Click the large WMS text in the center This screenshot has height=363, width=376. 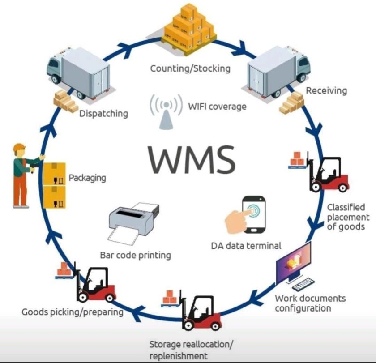coord(192,158)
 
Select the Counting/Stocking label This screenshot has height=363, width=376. coord(190,68)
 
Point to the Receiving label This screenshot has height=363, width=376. coord(326,90)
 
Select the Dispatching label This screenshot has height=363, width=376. coord(103,113)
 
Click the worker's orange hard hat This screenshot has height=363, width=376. coord(19,148)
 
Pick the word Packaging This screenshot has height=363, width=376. coord(87,178)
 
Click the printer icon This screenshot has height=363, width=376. coord(133,222)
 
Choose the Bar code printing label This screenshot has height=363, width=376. coord(135,255)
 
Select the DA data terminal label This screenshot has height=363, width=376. coord(246,245)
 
